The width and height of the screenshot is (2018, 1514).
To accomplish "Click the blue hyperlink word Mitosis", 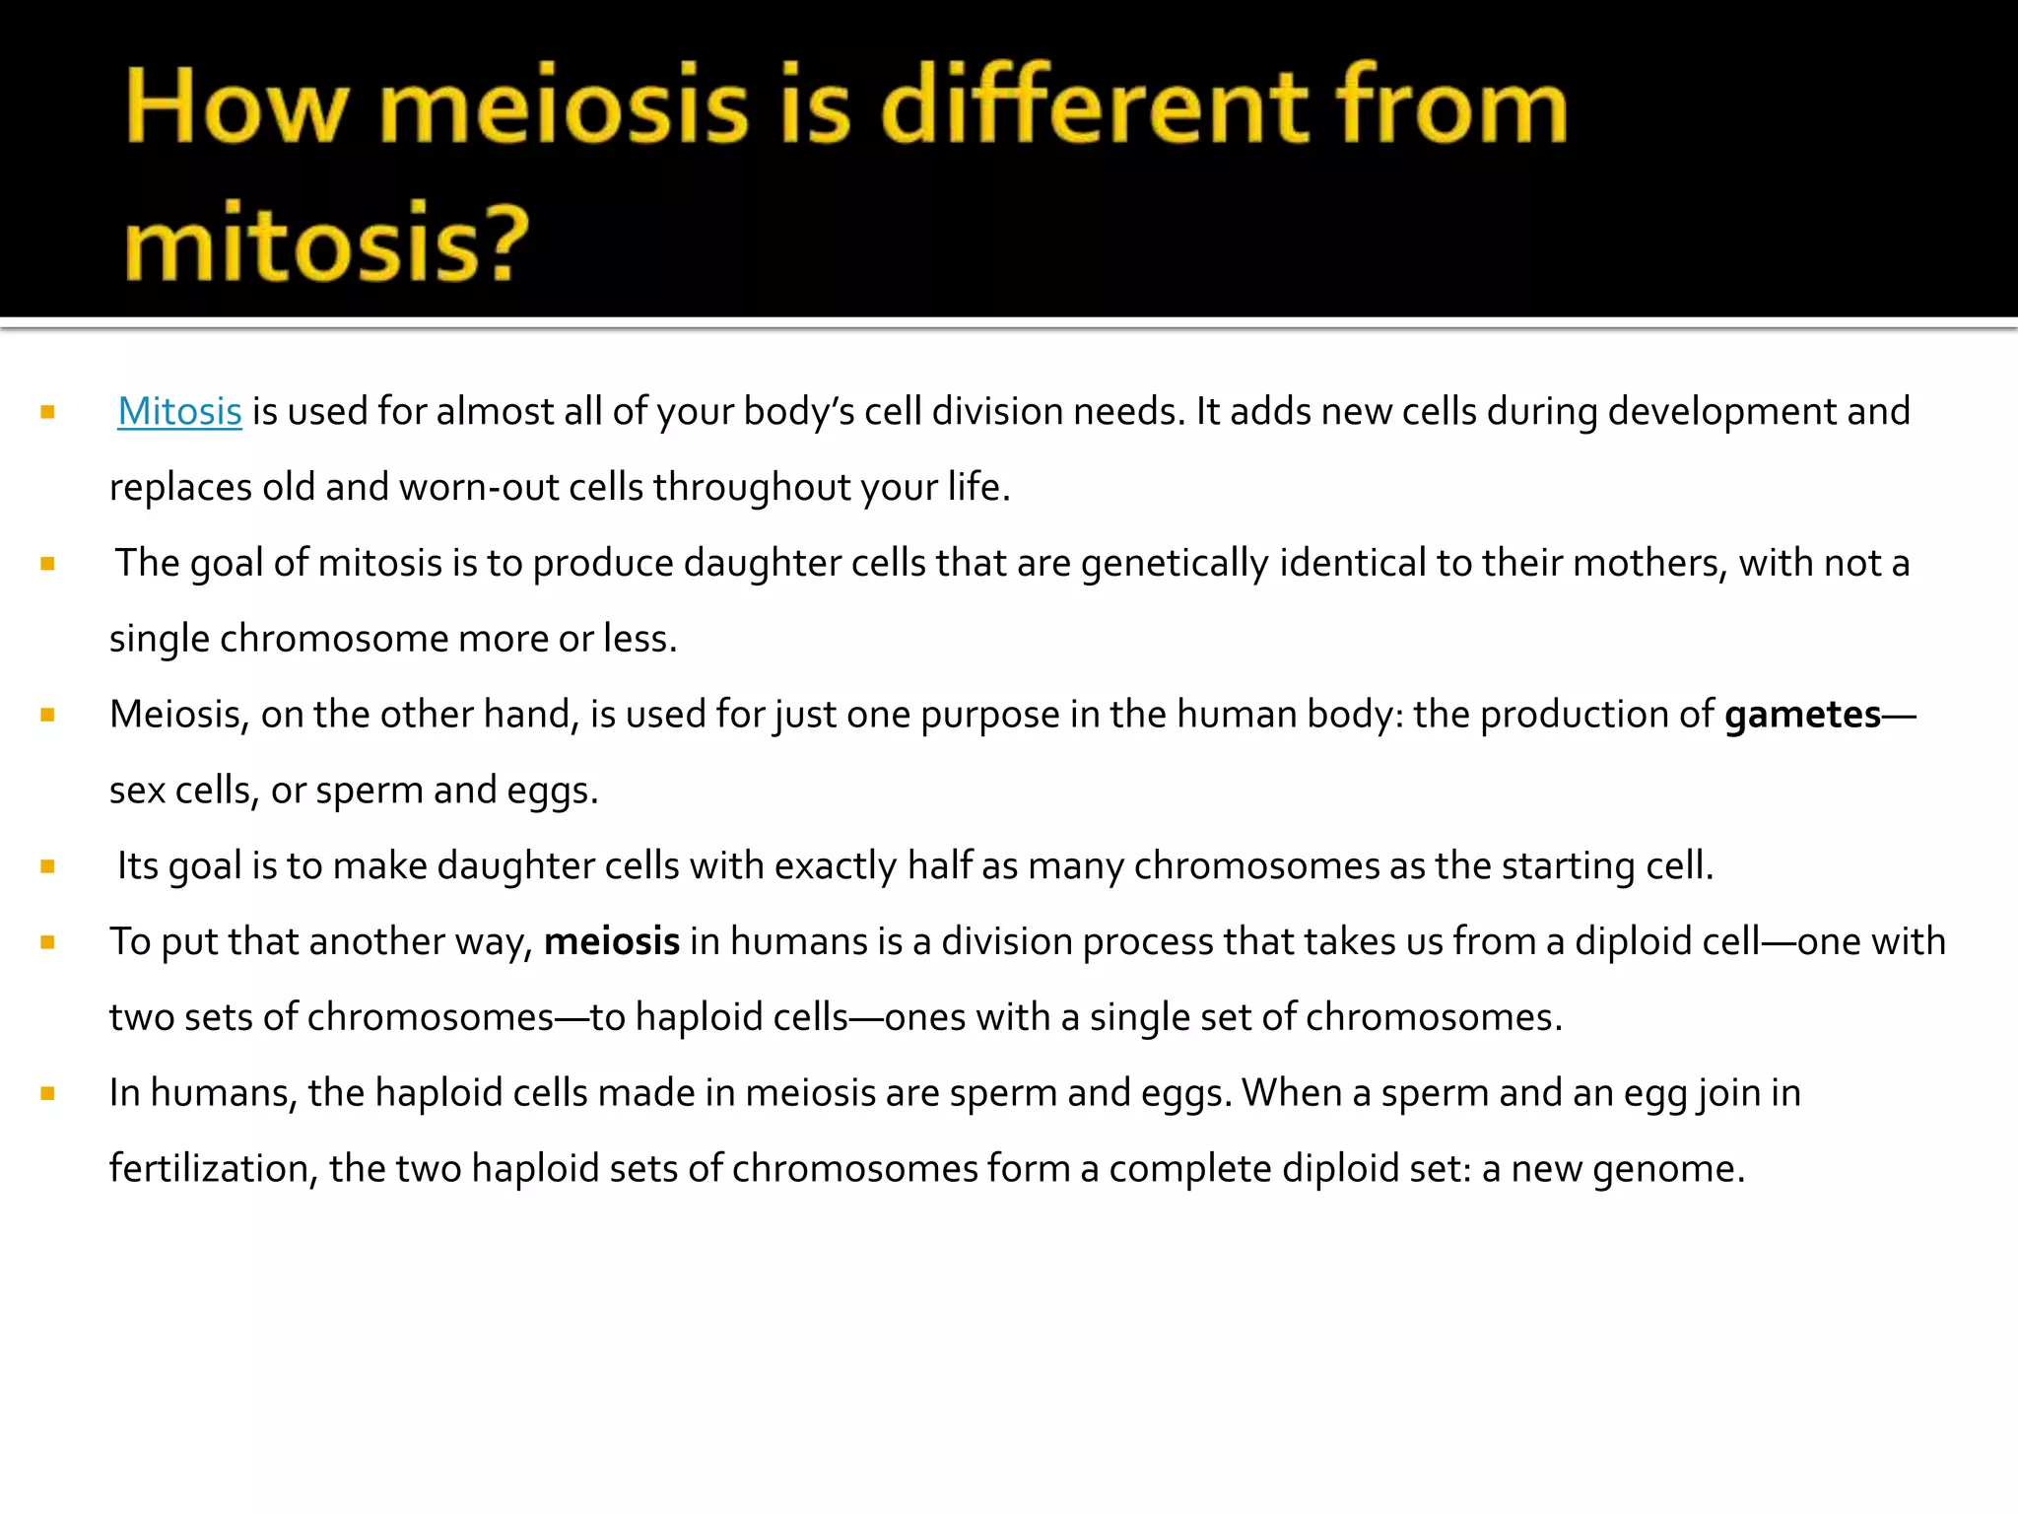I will tap(179, 412).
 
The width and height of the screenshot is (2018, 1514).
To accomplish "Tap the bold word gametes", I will tap(1802, 715).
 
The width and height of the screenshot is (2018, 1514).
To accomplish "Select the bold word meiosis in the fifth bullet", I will tap(611, 942).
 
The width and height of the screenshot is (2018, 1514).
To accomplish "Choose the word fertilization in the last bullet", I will tap(213, 1169).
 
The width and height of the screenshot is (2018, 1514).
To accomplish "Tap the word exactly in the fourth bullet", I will tap(836, 866).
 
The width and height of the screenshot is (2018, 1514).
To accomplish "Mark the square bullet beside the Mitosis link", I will tap(47, 412).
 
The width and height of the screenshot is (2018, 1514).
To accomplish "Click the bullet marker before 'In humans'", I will tap(47, 1093).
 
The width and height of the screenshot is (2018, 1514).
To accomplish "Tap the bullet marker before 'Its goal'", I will tap(47, 866).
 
